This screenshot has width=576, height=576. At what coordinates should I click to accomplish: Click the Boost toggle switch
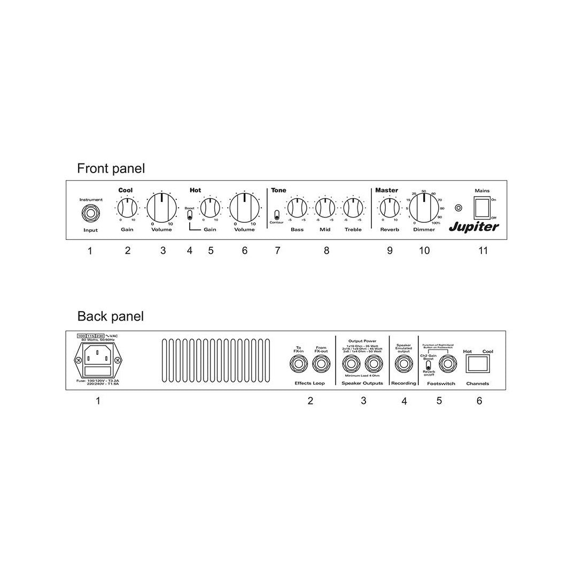[x=190, y=215]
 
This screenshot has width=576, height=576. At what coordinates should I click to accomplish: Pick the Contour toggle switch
[x=276, y=215]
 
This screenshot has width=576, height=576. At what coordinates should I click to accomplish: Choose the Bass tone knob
[x=297, y=207]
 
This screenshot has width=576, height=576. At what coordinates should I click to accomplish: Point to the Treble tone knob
[x=353, y=207]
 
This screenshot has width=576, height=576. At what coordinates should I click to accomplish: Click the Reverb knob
[x=389, y=207]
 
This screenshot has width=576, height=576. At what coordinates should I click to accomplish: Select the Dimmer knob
[x=424, y=207]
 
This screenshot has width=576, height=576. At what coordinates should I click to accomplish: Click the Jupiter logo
[x=474, y=227]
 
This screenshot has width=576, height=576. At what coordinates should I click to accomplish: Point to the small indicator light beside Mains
[x=457, y=208]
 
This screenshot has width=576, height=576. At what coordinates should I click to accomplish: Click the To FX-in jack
[x=298, y=365]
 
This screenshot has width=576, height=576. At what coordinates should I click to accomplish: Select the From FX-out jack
[x=321, y=365]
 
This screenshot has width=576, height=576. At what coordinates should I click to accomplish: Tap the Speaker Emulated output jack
[x=403, y=365]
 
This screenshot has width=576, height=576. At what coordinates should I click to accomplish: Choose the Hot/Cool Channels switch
[x=478, y=364]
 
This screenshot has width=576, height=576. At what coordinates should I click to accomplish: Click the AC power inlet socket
[x=98, y=354]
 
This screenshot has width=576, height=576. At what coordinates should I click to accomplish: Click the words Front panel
[x=111, y=168]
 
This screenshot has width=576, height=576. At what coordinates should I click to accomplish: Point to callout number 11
[x=482, y=251]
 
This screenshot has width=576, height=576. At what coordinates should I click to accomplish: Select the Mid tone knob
[x=324, y=207]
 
